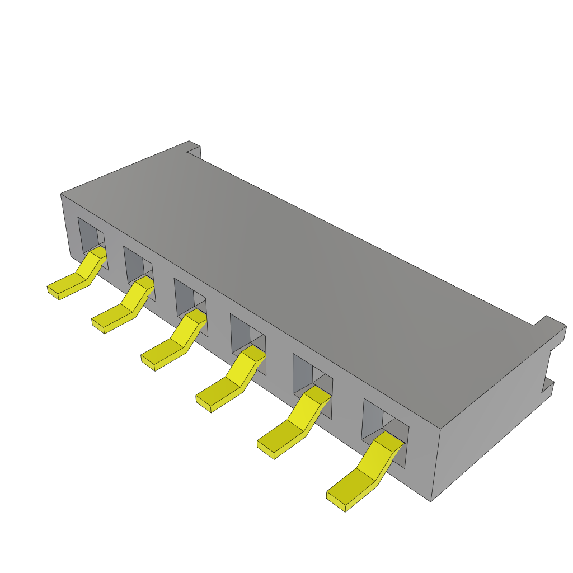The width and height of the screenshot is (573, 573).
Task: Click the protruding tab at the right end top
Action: pyautogui.click(x=551, y=327)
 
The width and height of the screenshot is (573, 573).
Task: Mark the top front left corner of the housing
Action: pyautogui.click(x=61, y=195)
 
